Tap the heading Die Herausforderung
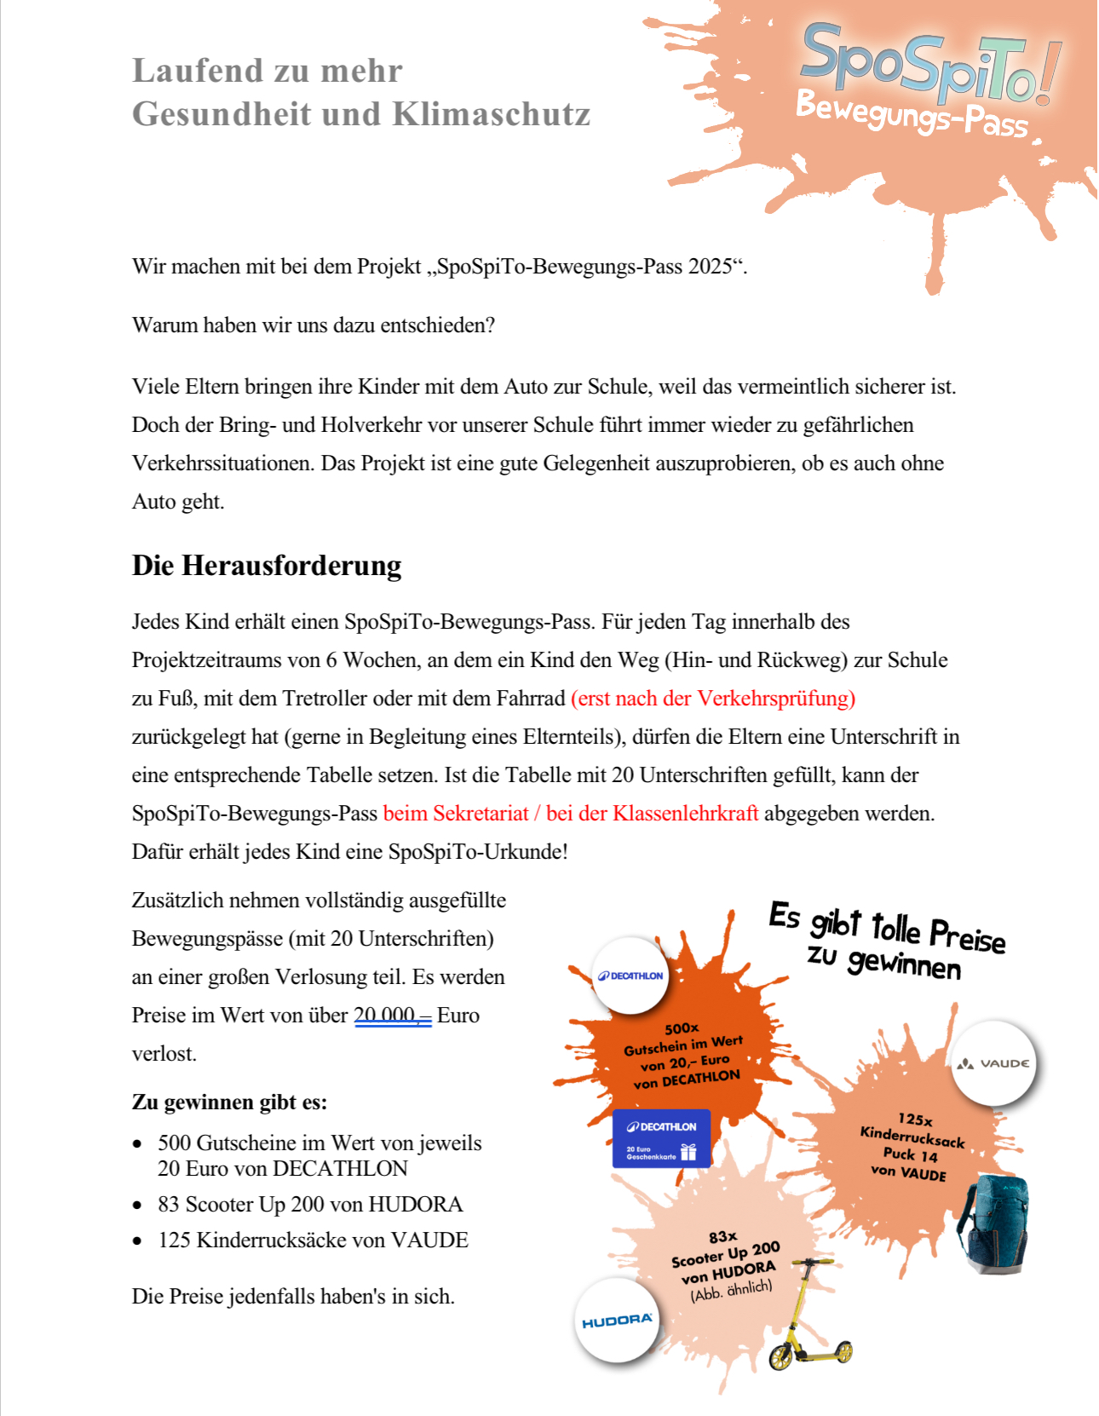pos(267,566)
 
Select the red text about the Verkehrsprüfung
pos(713,699)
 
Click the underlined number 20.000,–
pos(393,1016)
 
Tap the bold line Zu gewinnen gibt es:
pos(229,1102)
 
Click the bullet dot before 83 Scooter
pos(138,1206)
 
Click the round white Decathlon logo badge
pos(630,976)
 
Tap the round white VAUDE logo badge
pos(993,1063)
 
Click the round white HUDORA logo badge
pos(617,1321)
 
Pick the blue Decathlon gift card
pos(661,1138)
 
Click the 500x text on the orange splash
pos(682,1028)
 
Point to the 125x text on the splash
pos(915,1120)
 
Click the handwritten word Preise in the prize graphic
pos(967,935)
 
